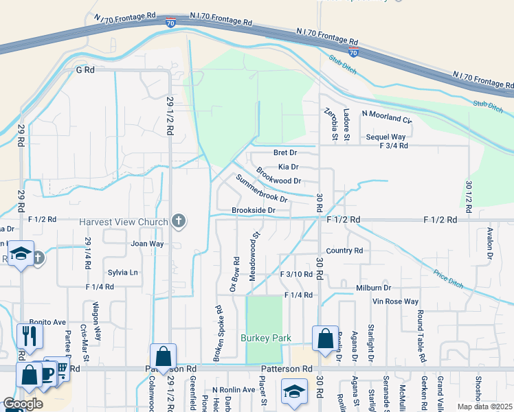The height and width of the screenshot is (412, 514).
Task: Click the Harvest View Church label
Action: pos(124,222)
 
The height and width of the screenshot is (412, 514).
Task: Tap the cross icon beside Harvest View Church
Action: pos(179,221)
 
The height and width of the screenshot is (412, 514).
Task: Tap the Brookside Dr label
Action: pos(253,210)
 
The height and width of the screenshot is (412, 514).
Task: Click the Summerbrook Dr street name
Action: pos(261,188)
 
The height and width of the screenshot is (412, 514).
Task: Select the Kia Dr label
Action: pos(289,167)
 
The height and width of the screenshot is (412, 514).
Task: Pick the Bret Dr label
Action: pos(284,152)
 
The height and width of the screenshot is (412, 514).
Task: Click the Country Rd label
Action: pos(344,251)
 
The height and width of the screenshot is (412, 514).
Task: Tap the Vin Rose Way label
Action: pos(395,301)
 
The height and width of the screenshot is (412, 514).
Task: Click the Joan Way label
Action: pos(147,244)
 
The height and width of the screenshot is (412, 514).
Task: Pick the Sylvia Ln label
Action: pos(123,273)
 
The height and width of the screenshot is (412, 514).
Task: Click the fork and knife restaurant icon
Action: pos(30,336)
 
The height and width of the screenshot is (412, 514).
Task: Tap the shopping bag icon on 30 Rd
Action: pos(324,339)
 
